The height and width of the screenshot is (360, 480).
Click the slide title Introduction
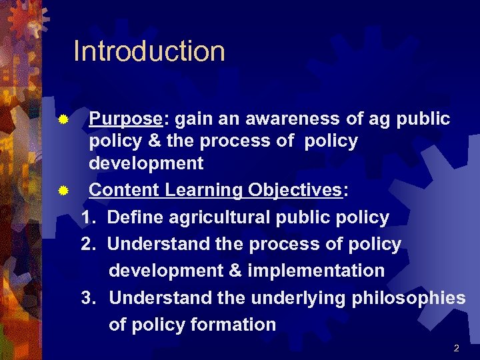click(149, 51)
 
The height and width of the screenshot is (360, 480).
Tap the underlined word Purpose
click(125, 119)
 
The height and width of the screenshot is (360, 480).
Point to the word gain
click(195, 119)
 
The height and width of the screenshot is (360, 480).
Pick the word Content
click(125, 190)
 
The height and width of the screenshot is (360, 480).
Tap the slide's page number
click(456, 348)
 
